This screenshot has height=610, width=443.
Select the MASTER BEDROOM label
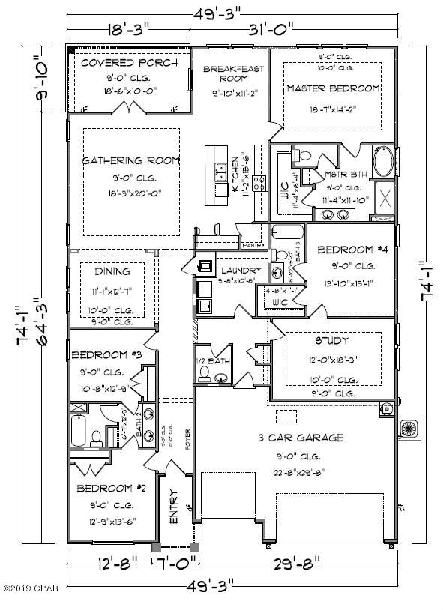point(333,88)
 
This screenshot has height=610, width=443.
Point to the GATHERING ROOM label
point(131,160)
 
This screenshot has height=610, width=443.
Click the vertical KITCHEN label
point(235,176)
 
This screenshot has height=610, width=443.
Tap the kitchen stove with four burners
point(259,184)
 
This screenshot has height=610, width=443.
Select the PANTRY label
point(252,245)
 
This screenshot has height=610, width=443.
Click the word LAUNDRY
point(241,271)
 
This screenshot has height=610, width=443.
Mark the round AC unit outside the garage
point(409,429)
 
